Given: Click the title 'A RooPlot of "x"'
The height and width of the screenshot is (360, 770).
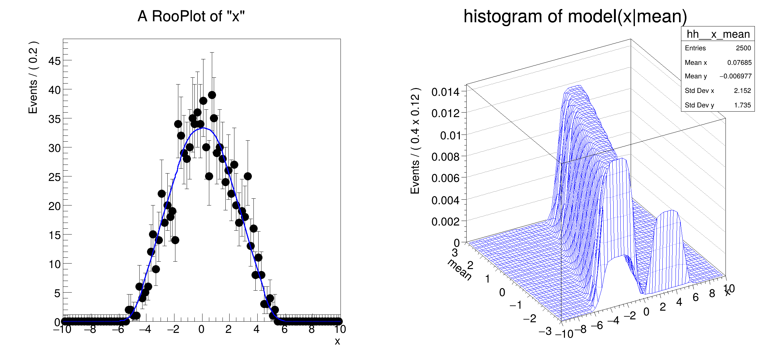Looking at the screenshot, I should [x=191, y=16].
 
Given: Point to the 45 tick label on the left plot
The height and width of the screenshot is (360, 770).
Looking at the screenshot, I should [x=54, y=61].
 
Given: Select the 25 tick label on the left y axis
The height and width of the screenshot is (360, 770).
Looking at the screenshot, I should [x=54, y=177].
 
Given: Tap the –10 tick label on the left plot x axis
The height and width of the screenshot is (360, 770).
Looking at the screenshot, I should [x=62, y=329].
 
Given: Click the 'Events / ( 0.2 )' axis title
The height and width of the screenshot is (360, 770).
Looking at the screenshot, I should [x=33, y=77].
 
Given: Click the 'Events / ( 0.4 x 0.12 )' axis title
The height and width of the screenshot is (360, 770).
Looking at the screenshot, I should [x=415, y=141].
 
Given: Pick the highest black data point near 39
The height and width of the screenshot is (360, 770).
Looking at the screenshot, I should [x=212, y=95].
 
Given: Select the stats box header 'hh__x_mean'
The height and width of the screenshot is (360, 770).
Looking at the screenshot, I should [x=718, y=34].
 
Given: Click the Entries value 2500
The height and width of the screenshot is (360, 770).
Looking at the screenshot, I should [x=743, y=48].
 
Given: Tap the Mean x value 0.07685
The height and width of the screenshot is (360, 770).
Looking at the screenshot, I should [x=739, y=63].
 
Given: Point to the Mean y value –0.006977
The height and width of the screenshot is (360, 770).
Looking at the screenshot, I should [x=735, y=76].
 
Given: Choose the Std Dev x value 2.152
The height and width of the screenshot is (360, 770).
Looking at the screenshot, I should [x=742, y=91].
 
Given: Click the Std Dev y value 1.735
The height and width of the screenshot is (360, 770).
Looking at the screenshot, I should [x=742, y=105].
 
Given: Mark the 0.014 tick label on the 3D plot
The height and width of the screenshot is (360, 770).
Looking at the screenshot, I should [x=445, y=92].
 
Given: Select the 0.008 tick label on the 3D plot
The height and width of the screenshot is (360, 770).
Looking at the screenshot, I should [x=445, y=157].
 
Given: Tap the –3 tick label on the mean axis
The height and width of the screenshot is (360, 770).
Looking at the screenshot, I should [x=545, y=331].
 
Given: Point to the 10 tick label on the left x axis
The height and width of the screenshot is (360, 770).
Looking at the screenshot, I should [x=340, y=329].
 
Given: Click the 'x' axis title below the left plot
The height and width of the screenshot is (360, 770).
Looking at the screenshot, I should [x=337, y=341].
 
